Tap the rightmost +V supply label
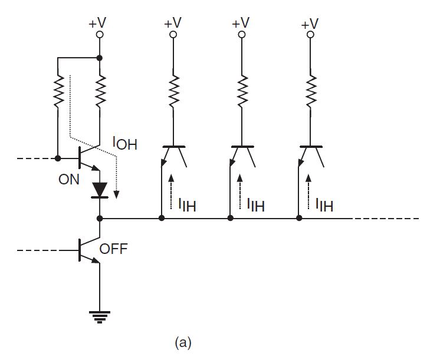coord(310,24)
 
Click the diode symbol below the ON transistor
coord(100,189)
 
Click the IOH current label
coord(124,143)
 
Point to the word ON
coord(68,180)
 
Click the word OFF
coord(114,249)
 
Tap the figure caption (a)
coord(183,342)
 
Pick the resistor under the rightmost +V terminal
coord(310,90)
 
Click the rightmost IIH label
coord(324,206)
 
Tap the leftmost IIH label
coord(188,204)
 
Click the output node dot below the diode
coord(100,218)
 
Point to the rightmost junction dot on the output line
coord(299,218)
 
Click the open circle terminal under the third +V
coord(241,35)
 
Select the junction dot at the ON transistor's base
coord(58,158)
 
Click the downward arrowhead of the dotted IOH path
coord(117,196)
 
